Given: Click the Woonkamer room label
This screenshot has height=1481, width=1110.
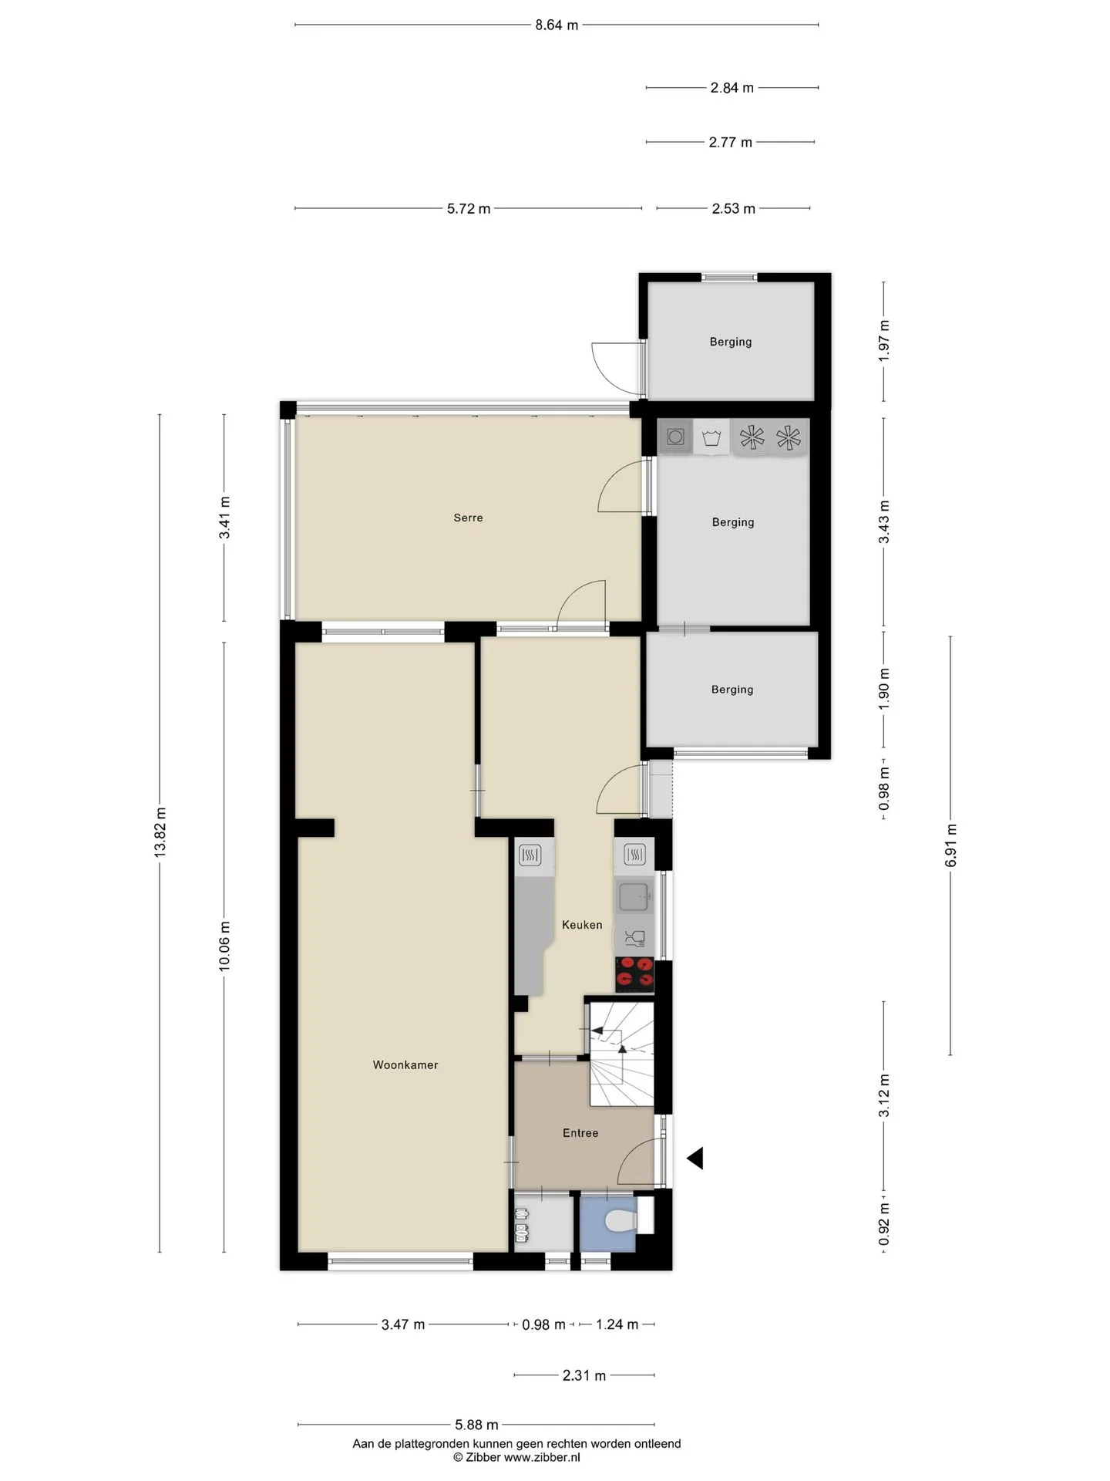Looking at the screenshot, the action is (405, 1065).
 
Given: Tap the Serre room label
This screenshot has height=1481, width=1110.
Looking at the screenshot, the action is (468, 518).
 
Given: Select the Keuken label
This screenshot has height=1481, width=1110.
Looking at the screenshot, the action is (582, 925).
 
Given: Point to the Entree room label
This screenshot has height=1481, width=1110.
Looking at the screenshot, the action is (580, 1133).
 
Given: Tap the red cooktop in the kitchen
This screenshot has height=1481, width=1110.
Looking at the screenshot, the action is (634, 974).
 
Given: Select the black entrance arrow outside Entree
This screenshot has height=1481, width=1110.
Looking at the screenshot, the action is (695, 1158).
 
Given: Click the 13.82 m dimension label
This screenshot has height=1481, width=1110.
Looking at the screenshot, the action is (160, 832).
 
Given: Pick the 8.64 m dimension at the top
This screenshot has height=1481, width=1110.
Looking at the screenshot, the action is (557, 25).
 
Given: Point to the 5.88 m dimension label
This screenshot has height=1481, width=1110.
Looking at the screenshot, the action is (476, 1425).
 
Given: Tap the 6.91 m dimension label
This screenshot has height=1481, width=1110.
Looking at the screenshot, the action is (950, 845).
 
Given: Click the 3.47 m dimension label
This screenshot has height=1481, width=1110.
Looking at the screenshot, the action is (403, 1324).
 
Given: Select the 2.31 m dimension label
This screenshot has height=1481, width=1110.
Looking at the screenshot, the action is (584, 1375).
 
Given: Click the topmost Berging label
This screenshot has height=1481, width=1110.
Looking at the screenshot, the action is (731, 342).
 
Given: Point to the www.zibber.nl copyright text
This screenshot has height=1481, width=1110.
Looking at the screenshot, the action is (516, 1457).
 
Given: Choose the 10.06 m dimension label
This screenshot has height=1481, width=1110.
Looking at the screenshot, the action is (224, 946).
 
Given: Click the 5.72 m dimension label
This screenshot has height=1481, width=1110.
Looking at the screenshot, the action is (469, 208).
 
